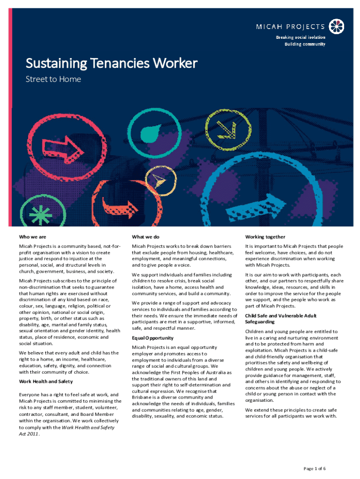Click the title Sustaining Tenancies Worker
[111, 63]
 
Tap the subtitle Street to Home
[53, 79]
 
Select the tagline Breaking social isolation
[300, 36]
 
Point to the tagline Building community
[305, 44]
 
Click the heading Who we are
[32, 237]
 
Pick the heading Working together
[265, 237]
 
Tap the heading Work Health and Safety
[46, 381]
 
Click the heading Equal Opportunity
[152, 338]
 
